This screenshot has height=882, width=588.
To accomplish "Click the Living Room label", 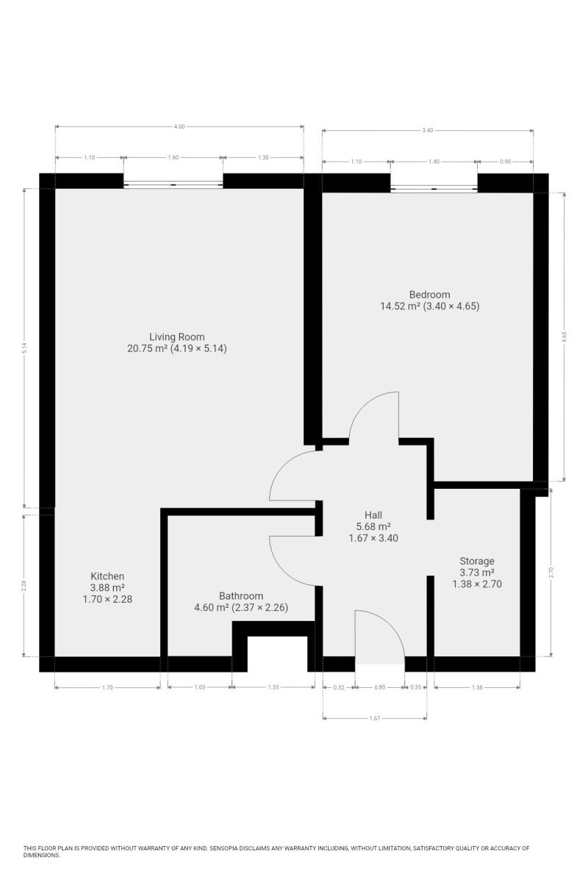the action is point(177,337).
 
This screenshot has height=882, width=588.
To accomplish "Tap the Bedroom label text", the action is point(430,295).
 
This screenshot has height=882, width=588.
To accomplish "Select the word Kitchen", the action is point(107,576).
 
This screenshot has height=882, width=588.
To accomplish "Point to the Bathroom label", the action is point(241,596).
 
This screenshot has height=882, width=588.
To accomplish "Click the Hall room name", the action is point(373,514).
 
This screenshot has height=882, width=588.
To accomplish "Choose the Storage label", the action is point(477,561).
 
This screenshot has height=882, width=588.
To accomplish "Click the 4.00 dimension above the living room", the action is point(179,126).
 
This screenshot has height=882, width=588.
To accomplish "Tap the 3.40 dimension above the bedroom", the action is point(428,130).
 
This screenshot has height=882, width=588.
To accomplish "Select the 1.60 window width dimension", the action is point(173,157).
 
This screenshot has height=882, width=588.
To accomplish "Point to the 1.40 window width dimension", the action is point(434,162).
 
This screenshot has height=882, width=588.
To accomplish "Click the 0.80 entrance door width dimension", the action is point(380,687).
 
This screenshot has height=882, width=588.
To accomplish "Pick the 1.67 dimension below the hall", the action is point(375,718).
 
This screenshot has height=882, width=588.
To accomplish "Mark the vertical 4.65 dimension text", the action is point(564,337).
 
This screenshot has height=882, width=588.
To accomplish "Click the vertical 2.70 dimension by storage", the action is point(551,572).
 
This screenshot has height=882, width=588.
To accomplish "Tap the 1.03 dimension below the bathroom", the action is point(200,687).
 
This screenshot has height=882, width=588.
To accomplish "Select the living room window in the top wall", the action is point(173,184).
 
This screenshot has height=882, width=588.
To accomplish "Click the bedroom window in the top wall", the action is point(434,189).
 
